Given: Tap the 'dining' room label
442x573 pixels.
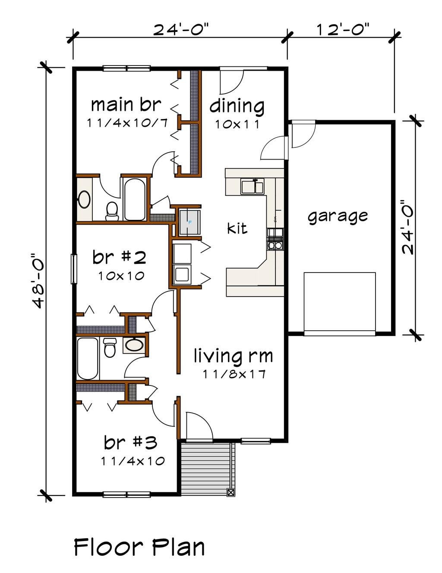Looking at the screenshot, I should [x=237, y=106].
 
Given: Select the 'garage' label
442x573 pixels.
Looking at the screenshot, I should [x=338, y=216].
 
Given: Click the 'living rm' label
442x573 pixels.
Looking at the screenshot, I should [x=233, y=356].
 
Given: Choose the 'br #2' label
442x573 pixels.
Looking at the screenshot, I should [x=119, y=258].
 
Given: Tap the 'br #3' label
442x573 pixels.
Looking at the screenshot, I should [x=130, y=442].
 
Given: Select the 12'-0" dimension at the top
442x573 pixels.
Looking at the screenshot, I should [x=344, y=30].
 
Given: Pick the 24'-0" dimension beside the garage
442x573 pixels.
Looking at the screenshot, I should [x=408, y=227].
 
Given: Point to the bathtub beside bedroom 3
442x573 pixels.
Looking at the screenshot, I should [x=88, y=358].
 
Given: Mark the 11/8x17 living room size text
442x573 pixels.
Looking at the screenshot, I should [x=234, y=374].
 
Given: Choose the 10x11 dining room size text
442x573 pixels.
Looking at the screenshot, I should [x=237, y=125].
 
